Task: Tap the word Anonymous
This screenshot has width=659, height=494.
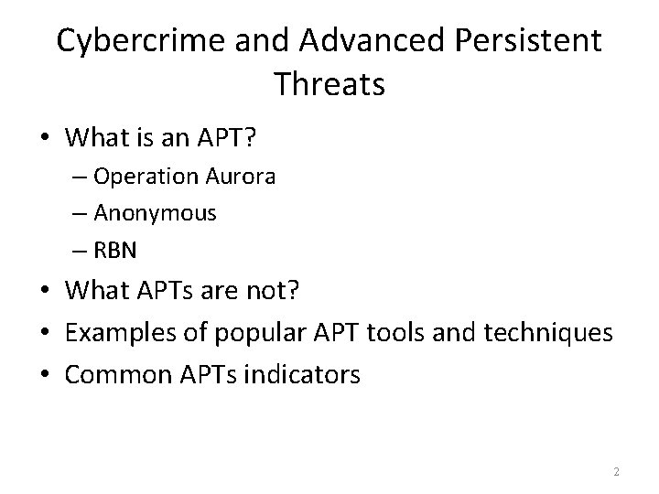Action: click(156, 213)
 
